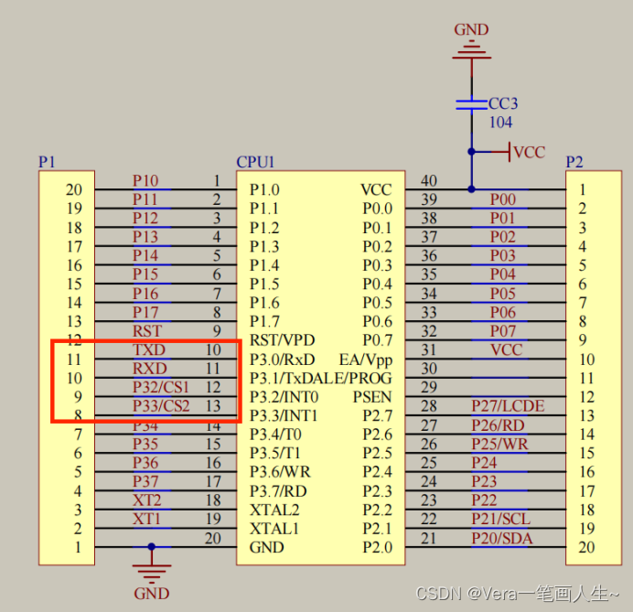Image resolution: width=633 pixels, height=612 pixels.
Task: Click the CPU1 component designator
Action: click(x=255, y=162)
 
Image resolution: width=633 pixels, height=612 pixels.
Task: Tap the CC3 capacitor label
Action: click(x=503, y=103)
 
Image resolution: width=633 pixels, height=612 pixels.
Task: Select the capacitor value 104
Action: click(x=500, y=123)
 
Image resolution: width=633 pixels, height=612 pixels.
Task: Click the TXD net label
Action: click(x=149, y=349)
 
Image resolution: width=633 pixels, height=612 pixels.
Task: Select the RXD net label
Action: click(x=149, y=369)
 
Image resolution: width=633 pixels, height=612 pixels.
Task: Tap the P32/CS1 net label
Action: click(x=160, y=387)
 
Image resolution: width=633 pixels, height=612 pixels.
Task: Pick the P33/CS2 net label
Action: click(x=160, y=405)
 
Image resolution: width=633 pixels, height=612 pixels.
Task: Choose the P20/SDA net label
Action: click(x=500, y=538)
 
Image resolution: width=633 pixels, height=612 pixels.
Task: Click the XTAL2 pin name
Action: click(x=274, y=510)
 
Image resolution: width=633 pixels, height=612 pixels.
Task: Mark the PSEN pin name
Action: click(x=371, y=397)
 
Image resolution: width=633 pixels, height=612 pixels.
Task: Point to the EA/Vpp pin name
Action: click(x=365, y=360)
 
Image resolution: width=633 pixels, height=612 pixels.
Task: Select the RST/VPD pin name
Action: click(x=283, y=340)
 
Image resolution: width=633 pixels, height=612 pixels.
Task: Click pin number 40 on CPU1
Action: click(x=428, y=181)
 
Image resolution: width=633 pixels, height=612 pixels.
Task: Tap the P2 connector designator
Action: click(x=574, y=162)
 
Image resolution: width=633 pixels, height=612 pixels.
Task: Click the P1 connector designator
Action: click(x=47, y=162)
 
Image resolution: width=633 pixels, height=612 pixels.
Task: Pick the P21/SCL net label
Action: click(x=500, y=519)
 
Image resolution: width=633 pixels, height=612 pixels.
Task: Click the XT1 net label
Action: click(x=146, y=519)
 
